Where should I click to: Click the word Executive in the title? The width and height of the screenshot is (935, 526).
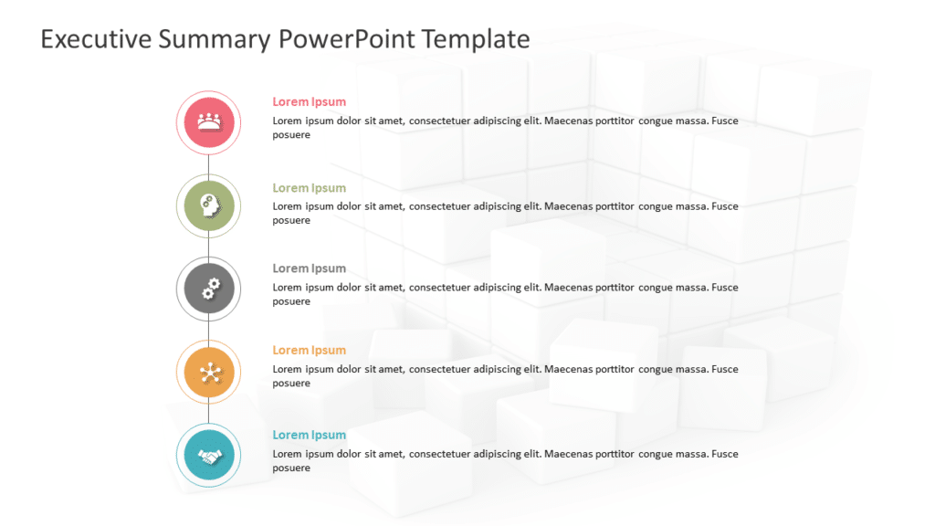click(x=96, y=39)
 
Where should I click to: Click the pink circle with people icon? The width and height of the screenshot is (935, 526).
click(x=209, y=123)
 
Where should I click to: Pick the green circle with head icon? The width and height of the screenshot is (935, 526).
click(x=209, y=206)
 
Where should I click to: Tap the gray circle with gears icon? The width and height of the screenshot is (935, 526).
click(x=209, y=289)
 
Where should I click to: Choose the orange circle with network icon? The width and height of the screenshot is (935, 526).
click(x=209, y=372)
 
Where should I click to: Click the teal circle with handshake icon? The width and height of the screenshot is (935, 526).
click(x=209, y=456)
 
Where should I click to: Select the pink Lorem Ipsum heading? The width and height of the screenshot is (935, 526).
click(x=309, y=102)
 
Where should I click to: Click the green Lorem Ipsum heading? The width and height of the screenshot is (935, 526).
click(x=309, y=188)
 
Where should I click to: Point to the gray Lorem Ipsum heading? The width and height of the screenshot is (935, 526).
click(x=309, y=268)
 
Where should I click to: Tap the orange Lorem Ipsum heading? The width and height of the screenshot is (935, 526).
click(x=309, y=350)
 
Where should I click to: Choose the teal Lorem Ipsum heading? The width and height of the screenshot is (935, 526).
click(x=309, y=435)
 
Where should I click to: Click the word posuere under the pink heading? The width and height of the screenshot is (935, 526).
click(x=291, y=135)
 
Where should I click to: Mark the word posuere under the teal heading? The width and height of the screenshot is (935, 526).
click(x=291, y=468)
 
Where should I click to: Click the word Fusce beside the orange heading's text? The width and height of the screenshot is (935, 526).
click(x=724, y=369)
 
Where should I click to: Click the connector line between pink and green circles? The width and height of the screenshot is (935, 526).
click(x=209, y=164)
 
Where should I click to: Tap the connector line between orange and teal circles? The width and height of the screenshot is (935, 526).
click(x=209, y=414)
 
